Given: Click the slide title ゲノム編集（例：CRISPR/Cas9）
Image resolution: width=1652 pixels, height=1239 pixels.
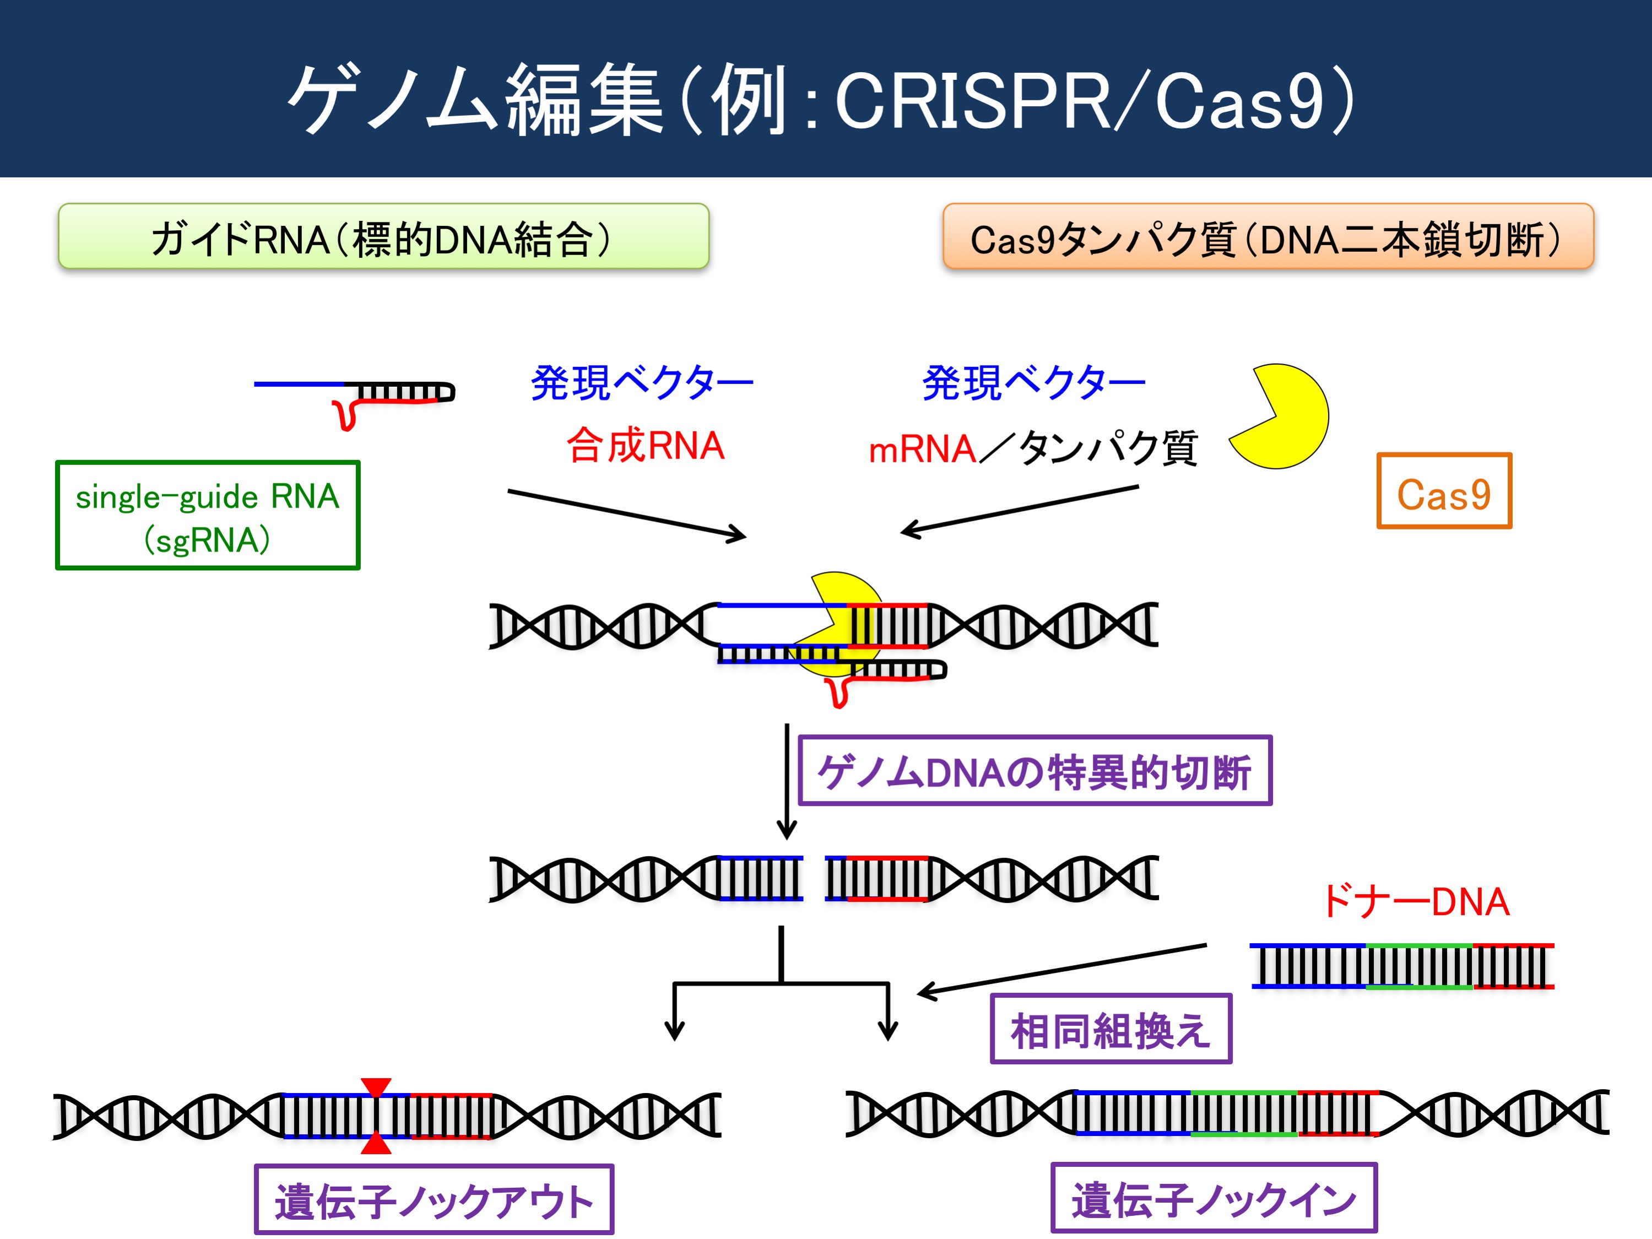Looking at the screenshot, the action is (x=821, y=99).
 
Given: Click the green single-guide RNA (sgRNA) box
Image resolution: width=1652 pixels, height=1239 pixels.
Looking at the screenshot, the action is (x=208, y=515).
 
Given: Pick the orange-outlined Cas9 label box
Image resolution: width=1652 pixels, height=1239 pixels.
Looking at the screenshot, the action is (x=1444, y=491).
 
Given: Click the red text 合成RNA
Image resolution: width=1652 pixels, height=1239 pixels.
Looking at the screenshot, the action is (x=645, y=446).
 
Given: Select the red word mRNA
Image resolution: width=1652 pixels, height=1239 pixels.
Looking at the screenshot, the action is (x=922, y=450).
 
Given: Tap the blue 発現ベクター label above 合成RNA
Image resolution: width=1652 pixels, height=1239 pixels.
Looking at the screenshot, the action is (x=642, y=383).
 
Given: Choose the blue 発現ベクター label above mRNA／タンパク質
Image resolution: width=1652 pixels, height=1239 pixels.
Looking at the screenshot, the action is (x=1033, y=383).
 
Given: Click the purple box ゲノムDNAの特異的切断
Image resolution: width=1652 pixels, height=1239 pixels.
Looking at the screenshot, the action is (x=1035, y=771).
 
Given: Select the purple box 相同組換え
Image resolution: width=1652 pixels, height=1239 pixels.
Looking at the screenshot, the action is (x=1111, y=1029).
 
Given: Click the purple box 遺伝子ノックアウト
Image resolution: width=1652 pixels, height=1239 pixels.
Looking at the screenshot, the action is (x=434, y=1199).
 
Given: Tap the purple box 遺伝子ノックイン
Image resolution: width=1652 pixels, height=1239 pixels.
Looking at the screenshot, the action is (x=1214, y=1198).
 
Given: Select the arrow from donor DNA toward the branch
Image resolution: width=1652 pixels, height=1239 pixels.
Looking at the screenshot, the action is (x=1062, y=970).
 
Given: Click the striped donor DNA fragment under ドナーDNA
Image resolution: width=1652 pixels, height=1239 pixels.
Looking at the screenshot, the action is (x=1402, y=966).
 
